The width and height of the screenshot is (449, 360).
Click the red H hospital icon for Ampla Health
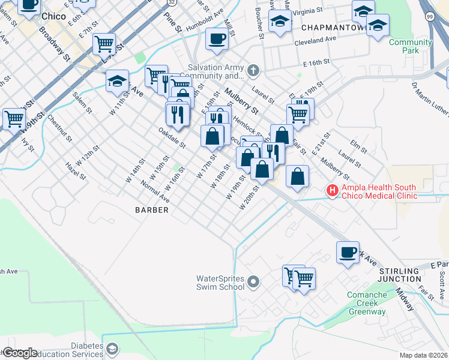click(x=332, y=191)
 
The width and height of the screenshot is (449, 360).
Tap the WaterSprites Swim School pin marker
click(x=253, y=281)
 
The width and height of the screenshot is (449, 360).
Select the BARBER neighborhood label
click(x=151, y=210)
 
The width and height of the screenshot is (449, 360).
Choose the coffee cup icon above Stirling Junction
click(x=348, y=251)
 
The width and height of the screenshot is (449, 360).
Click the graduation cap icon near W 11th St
click(x=117, y=80)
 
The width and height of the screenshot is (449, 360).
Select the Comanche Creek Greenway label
click(x=367, y=303)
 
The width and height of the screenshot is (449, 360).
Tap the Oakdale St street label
click(x=172, y=137)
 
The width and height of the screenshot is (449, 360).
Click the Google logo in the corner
click(x=20, y=353)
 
